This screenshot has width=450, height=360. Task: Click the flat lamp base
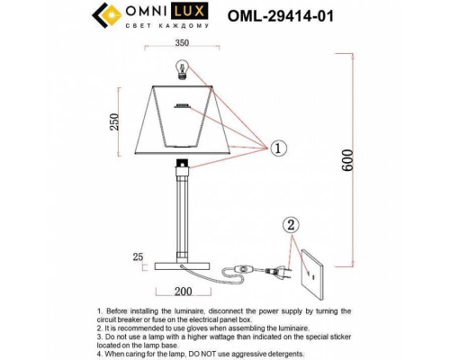[x=184, y=265]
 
